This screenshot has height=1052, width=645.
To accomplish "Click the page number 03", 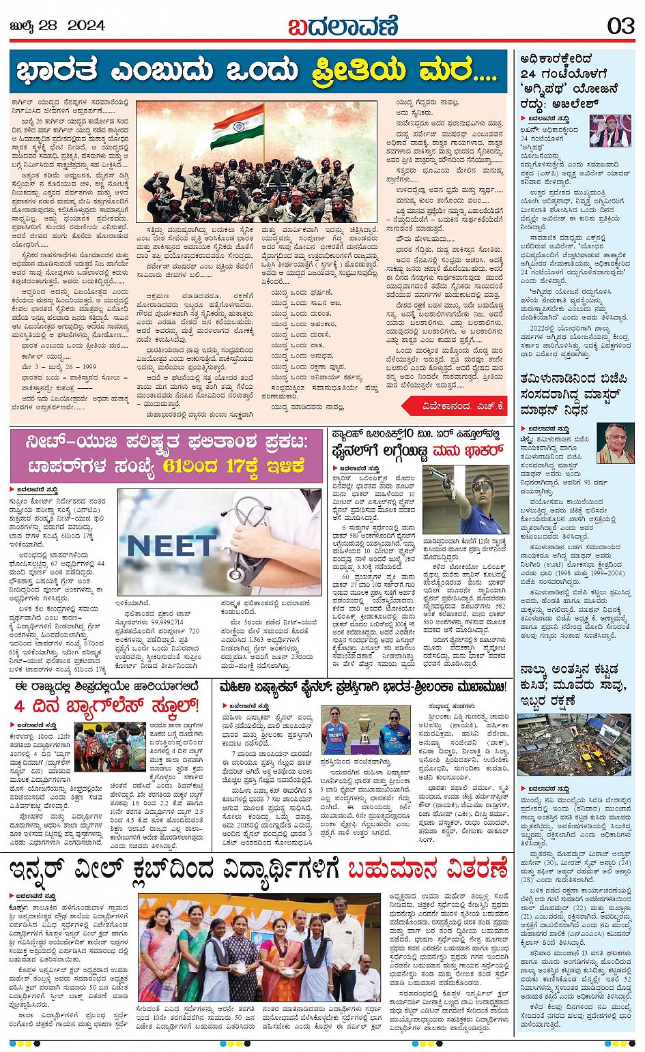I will tap(620, 26).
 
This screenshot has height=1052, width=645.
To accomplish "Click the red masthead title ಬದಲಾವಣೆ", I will tap(342, 26).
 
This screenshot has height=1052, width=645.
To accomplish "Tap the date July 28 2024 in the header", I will tap(57, 26).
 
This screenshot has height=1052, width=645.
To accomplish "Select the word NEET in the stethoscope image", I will tap(169, 546).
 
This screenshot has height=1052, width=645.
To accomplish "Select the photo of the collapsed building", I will tap(573, 744).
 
